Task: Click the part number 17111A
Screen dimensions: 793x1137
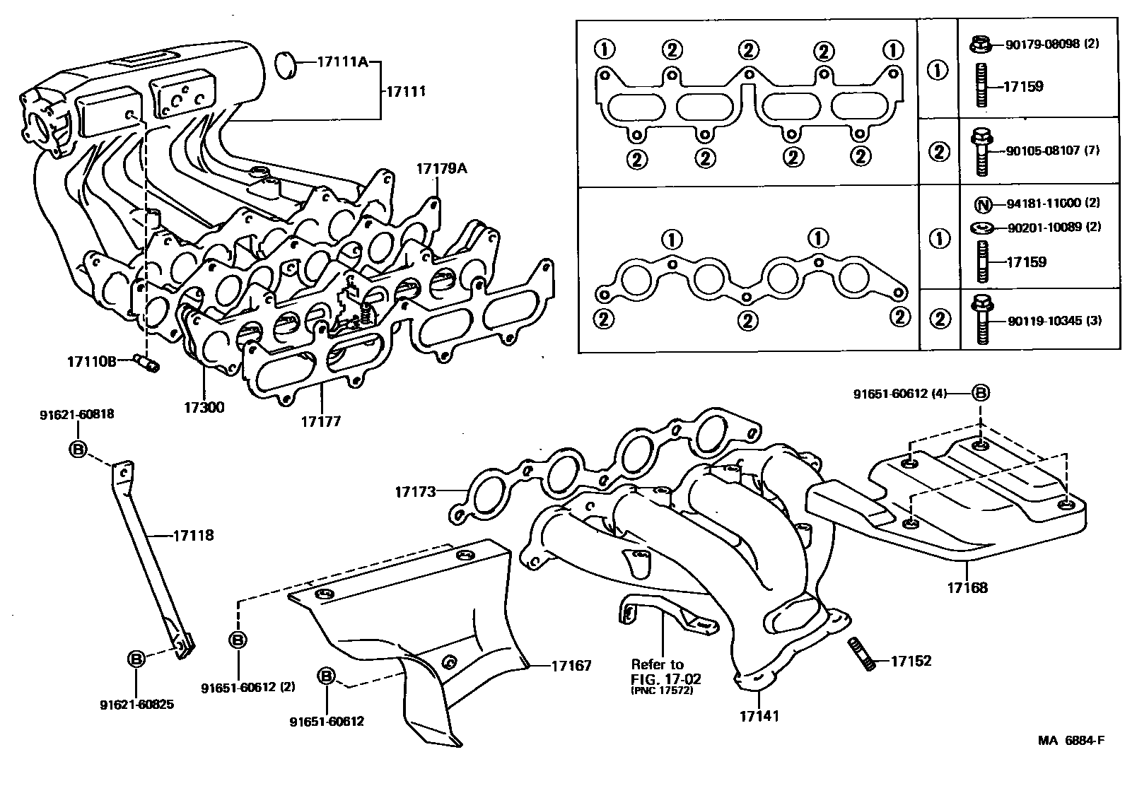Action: tap(343, 61)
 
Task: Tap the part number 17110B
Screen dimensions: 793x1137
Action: tap(91, 361)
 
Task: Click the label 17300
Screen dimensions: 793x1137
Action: tap(204, 408)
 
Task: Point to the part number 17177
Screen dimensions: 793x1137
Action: tap(321, 422)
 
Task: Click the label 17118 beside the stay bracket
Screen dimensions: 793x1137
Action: tap(193, 536)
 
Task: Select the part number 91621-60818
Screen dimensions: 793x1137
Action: tap(76, 415)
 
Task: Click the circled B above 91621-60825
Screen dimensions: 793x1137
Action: tap(136, 659)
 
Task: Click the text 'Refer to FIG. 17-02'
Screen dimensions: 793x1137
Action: tap(658, 671)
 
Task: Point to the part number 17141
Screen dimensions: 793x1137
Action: tap(759, 716)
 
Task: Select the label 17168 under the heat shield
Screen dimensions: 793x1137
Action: tap(967, 587)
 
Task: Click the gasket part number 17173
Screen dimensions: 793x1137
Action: tap(416, 491)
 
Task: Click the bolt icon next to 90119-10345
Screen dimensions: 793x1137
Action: tap(981, 320)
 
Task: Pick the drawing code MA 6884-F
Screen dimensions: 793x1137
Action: tap(1071, 741)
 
